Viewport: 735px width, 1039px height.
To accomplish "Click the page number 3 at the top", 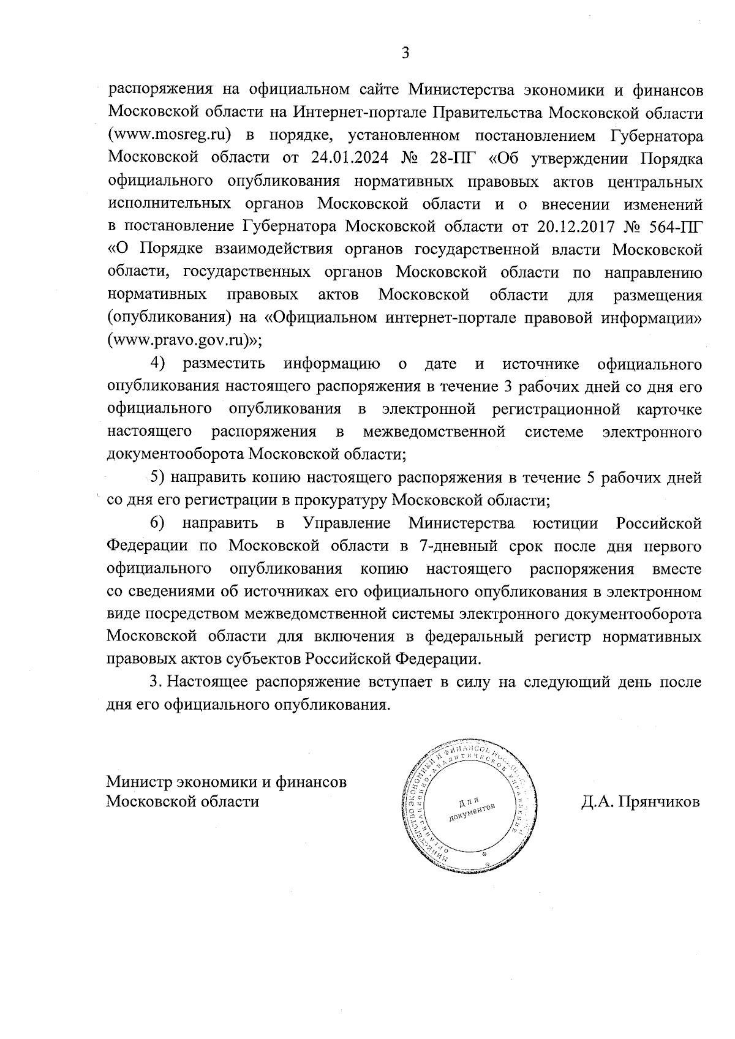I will click(405, 53).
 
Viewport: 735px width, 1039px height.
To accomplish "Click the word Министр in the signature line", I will click(139, 782).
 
